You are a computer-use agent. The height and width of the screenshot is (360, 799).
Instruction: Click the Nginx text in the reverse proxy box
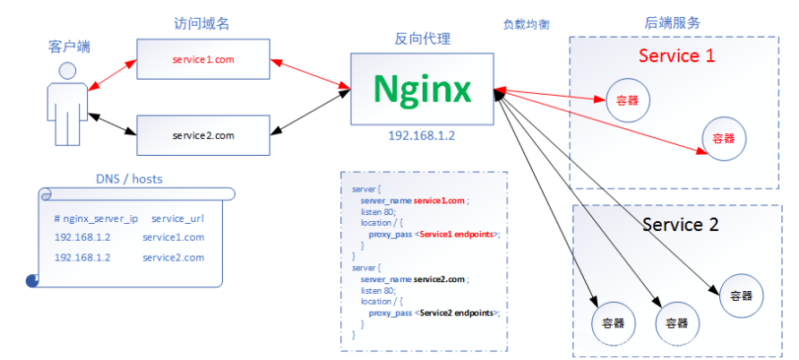tap(423, 89)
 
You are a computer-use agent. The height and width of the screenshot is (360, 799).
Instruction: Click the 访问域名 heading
tap(202, 24)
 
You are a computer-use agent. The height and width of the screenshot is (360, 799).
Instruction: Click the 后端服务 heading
tap(673, 22)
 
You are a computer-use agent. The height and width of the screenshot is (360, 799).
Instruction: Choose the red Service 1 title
tap(676, 56)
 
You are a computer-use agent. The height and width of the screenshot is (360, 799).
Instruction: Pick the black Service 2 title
tap(680, 225)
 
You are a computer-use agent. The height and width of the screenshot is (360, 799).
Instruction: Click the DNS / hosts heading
tap(130, 178)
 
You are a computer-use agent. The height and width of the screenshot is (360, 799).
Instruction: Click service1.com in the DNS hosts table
tap(173, 237)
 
